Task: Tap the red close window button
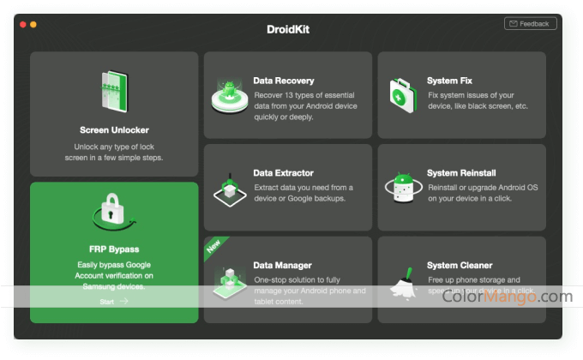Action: [23, 24]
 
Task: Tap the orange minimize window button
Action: [33, 24]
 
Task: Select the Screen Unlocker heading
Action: [114, 130]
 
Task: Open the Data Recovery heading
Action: [283, 81]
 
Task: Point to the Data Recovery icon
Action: [230, 94]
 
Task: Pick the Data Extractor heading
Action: [284, 172]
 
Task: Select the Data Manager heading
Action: [282, 266]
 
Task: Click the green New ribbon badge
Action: [214, 248]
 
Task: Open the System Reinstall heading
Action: [461, 172]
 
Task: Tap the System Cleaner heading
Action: [460, 266]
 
